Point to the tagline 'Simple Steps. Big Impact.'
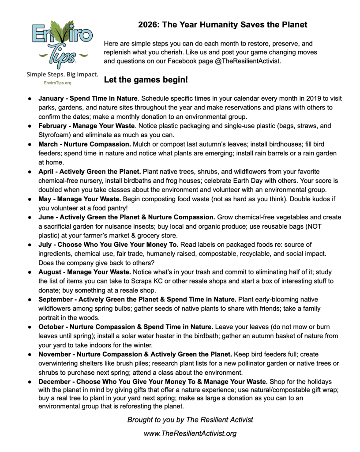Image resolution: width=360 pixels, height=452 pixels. click(x=62, y=74)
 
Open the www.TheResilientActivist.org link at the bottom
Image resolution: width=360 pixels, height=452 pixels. click(x=190, y=433)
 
